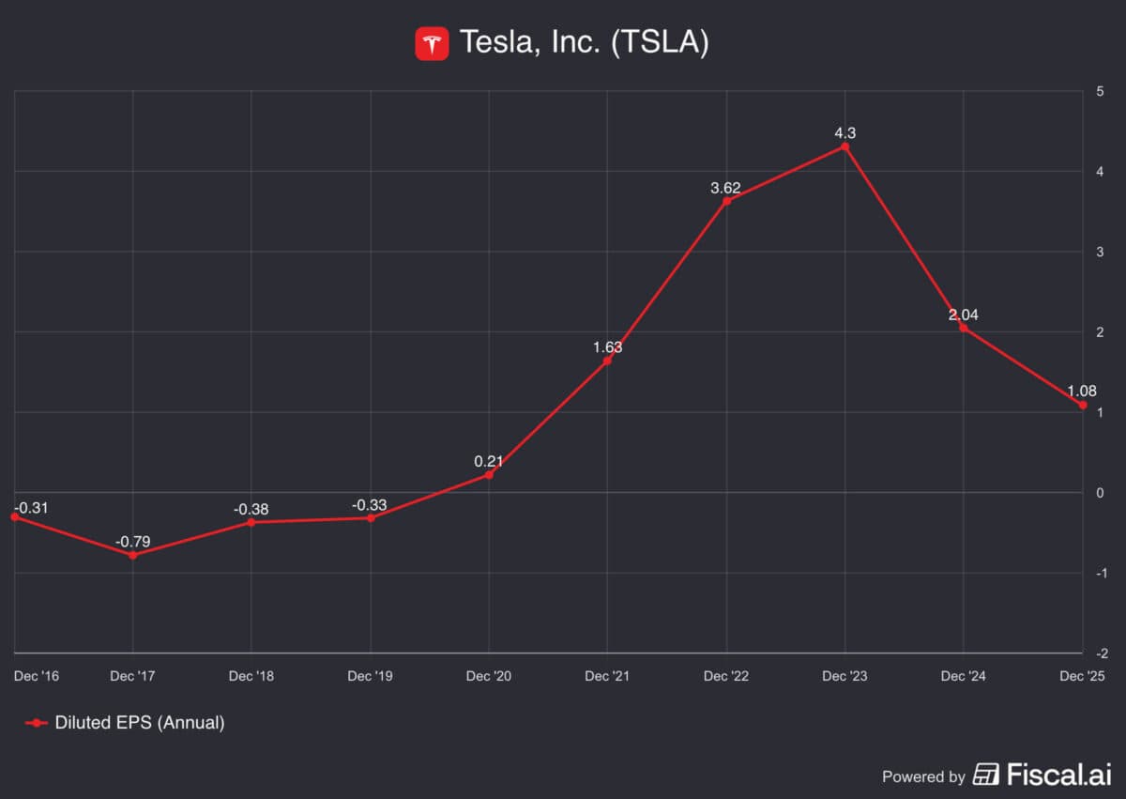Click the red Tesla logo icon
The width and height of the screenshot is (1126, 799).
click(432, 43)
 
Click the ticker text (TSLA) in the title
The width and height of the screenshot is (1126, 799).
click(660, 43)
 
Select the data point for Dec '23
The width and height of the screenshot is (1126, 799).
click(845, 146)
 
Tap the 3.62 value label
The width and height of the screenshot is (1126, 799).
click(725, 188)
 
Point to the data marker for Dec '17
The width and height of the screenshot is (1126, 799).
click(132, 555)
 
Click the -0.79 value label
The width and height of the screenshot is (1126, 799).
click(132, 542)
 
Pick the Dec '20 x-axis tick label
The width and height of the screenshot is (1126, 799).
click(489, 676)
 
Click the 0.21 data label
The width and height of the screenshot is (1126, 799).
click(489, 461)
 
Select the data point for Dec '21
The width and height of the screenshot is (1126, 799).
click(607, 361)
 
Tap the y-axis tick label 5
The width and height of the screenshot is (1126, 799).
click(1100, 91)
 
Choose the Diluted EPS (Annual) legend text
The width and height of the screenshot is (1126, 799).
click(140, 723)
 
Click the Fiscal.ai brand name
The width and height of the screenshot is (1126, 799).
click(1058, 775)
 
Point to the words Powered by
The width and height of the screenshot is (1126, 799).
click(923, 776)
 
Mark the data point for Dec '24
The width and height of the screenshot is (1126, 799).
click(964, 328)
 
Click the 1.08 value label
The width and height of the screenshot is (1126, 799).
click(1081, 391)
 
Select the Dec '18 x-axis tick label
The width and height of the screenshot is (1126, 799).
click(251, 676)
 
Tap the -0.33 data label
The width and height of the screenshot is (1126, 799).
click(371, 505)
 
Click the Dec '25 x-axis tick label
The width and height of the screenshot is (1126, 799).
click(1082, 676)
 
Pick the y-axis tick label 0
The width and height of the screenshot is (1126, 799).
click(1100, 493)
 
